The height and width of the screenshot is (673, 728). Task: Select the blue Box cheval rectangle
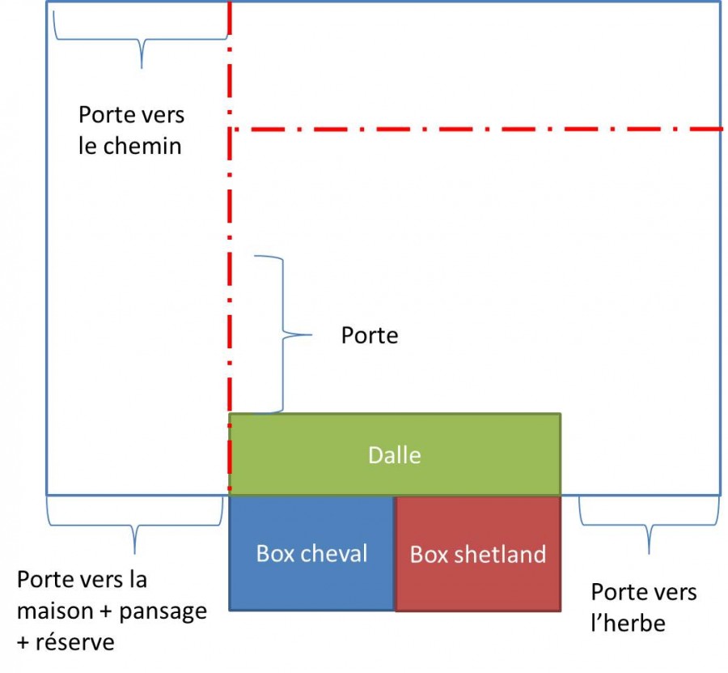coord(311,583)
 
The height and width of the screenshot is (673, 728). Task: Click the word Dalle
coord(394,455)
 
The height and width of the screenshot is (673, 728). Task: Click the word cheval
coord(334,553)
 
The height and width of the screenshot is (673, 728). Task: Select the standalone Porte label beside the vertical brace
coord(370,335)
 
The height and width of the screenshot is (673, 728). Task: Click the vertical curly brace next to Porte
coord(283,334)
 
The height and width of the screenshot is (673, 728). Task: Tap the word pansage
coord(163,611)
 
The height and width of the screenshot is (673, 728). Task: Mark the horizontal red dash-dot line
coord(485,129)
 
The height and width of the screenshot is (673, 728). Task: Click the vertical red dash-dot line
coord(230,283)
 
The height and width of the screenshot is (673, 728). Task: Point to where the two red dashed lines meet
coord(230,129)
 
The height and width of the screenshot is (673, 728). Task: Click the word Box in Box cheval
coord(275,553)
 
